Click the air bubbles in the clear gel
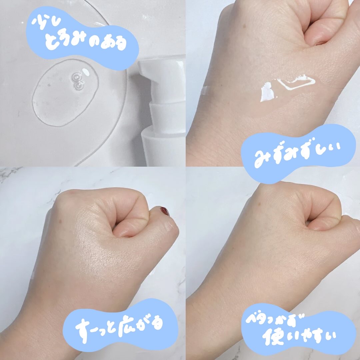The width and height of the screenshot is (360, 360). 78,81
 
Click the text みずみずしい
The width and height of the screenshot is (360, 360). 298,154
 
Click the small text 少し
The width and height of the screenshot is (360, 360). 46,23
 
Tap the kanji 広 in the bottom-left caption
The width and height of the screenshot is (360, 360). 126,326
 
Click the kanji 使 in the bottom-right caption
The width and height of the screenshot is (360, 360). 272,337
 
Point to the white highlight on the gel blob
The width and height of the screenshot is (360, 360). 86,72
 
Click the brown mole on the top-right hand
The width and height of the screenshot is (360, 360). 244,27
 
